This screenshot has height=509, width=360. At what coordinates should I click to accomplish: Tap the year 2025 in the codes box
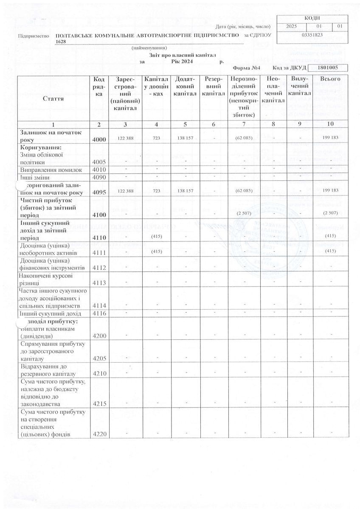[x=292, y=26]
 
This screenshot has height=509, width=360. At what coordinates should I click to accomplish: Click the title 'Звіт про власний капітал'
[x=183, y=55]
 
